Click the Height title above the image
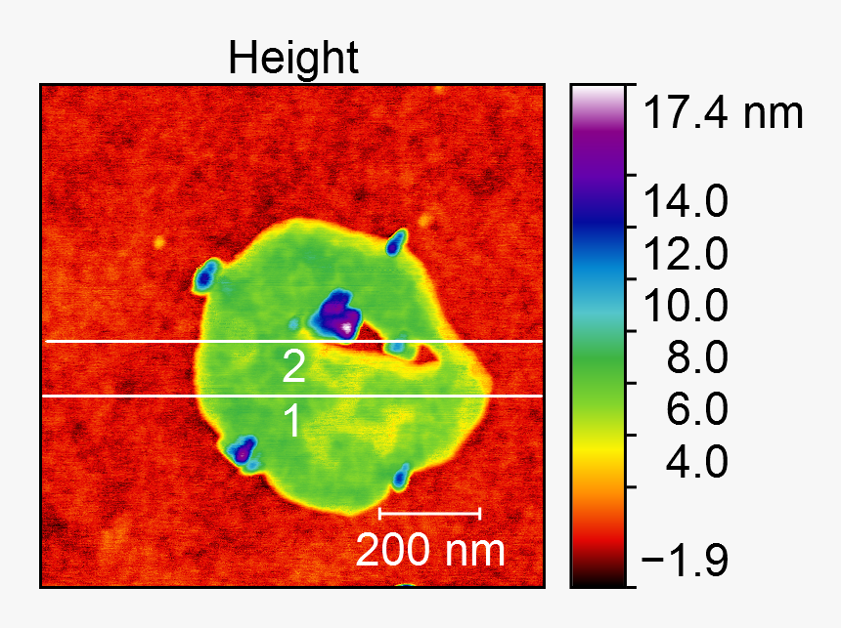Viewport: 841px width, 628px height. click(293, 60)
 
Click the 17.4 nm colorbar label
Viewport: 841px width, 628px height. click(723, 114)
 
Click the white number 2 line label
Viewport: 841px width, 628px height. click(293, 367)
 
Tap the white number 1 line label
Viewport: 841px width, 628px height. click(292, 422)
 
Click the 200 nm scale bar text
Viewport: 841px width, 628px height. click(430, 551)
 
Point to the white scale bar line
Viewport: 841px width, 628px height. click(429, 512)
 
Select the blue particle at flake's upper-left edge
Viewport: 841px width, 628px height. click(205, 276)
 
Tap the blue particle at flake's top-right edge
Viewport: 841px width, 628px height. click(395, 242)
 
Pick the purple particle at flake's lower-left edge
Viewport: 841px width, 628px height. click(242, 450)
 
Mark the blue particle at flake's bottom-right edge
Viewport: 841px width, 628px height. click(400, 478)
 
